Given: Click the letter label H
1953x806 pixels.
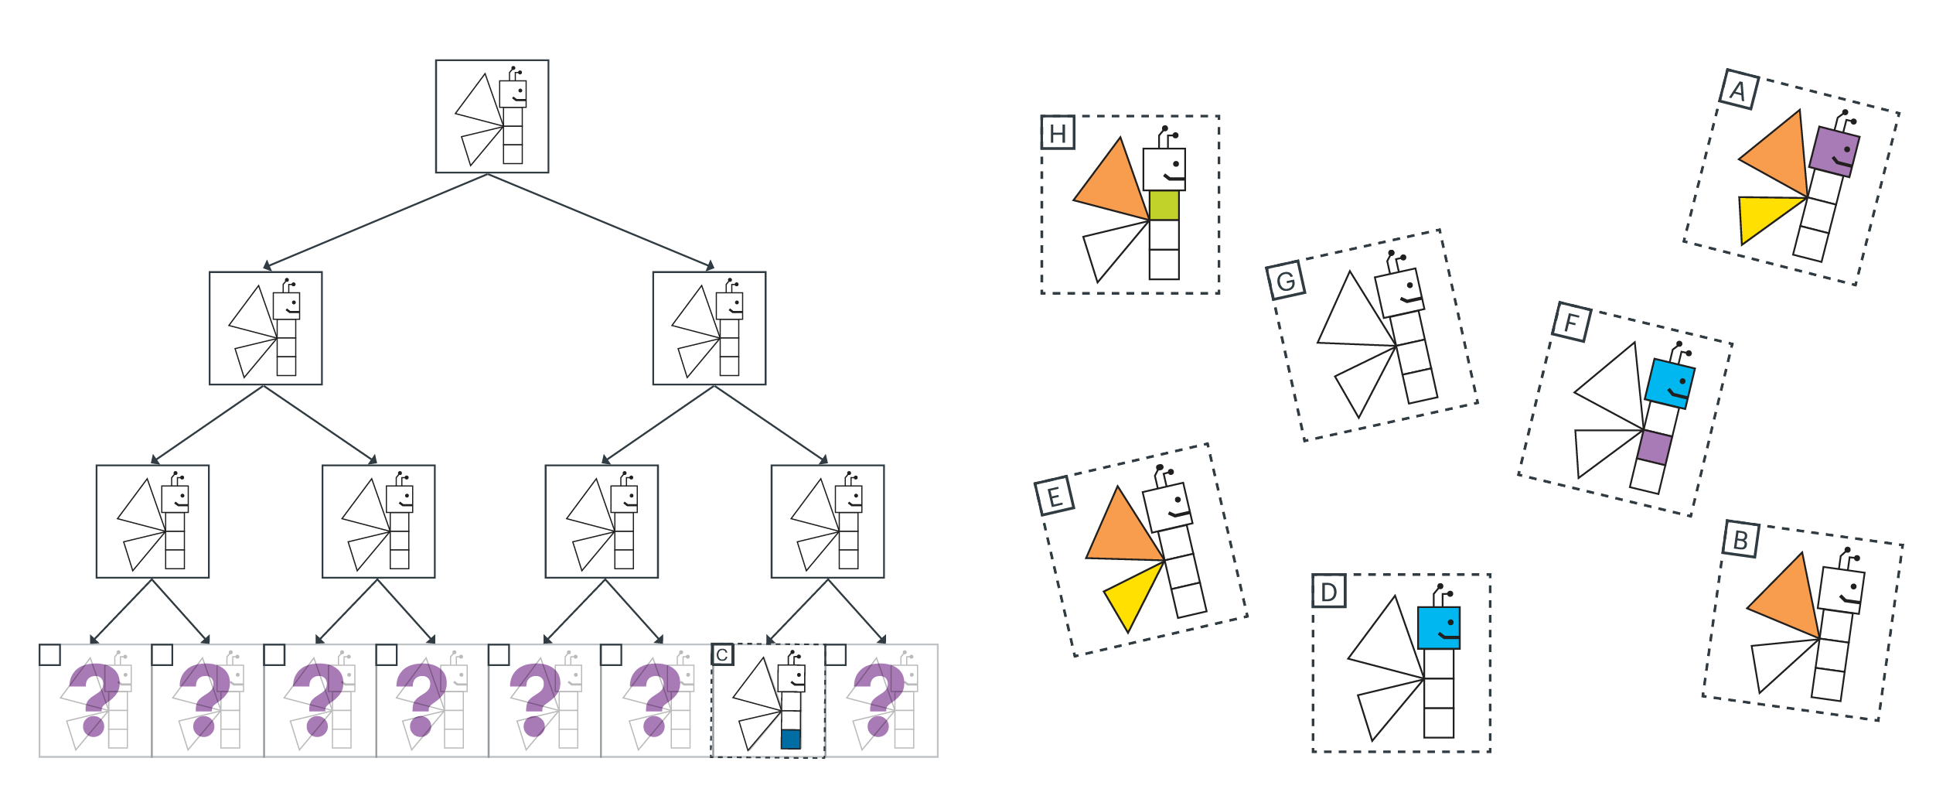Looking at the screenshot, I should point(1058,134).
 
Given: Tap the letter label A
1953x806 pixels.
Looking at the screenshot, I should point(1739,91).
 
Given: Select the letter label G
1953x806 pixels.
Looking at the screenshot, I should point(1286,281).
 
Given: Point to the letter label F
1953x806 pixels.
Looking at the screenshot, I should point(1572,322).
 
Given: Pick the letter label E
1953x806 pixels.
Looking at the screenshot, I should point(1055,497).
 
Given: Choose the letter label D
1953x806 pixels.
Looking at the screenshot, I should point(1329,592).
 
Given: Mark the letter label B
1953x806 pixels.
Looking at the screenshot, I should point(1741,539).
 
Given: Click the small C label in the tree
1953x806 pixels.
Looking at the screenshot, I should point(722,655).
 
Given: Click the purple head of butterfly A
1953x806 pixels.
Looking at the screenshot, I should point(1834,152).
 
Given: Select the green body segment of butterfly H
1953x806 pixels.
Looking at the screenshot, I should point(1164,206).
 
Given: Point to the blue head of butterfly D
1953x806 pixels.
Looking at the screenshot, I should point(1439,628).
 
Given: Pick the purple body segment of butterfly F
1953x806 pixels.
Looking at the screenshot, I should point(1654,447).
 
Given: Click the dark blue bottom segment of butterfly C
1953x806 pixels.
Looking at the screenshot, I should point(790,739).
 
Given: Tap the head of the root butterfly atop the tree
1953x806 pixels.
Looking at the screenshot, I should point(513,94).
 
